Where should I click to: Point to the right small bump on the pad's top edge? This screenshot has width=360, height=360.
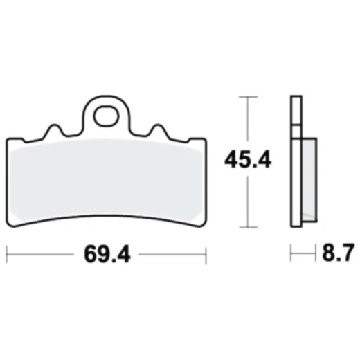tap(157, 129)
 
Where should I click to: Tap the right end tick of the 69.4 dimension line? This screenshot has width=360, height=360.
tap(205, 255)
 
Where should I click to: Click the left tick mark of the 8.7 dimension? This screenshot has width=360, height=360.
tap(291, 255)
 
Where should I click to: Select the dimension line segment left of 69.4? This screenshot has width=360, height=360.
tap(42, 255)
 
